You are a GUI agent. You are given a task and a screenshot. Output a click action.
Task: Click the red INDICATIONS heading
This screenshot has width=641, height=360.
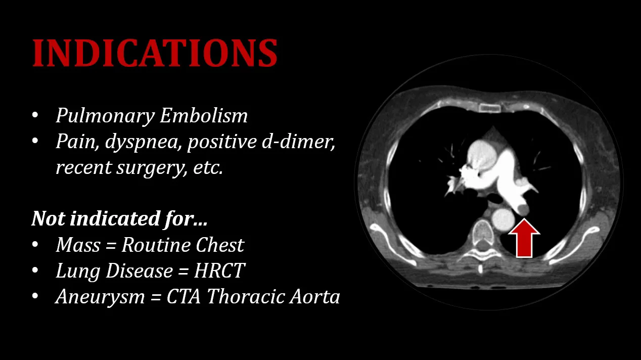[x=155, y=53]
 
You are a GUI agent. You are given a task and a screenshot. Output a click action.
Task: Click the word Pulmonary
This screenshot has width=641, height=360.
[x=106, y=116]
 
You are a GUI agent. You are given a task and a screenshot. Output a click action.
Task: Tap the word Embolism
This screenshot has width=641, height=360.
[x=204, y=115]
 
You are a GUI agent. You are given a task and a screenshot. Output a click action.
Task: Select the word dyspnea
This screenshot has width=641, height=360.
[x=143, y=142]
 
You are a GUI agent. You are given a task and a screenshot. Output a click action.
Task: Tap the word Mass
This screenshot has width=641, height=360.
[x=78, y=245]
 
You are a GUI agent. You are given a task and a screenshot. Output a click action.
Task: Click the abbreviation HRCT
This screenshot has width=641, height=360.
[x=219, y=271]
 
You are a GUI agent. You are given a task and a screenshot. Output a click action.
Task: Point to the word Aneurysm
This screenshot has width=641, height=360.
[x=100, y=297]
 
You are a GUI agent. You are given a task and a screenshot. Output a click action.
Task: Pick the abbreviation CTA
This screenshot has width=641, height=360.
[x=184, y=296]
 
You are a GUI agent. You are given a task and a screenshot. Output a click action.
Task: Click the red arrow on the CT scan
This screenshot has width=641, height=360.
[x=524, y=238]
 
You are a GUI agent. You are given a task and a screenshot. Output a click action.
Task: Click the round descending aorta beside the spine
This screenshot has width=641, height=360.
[x=503, y=220]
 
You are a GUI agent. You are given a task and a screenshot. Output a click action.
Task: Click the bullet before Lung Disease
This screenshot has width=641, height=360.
[x=35, y=271]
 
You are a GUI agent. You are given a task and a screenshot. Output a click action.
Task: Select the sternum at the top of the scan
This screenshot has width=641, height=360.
[x=490, y=108]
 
